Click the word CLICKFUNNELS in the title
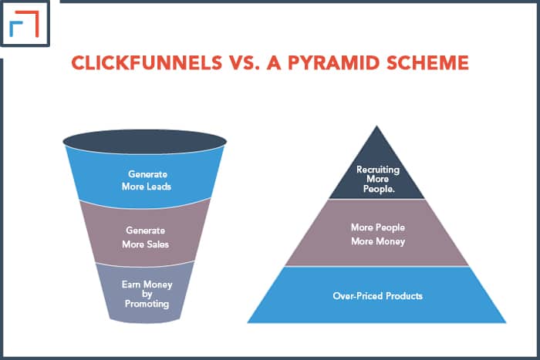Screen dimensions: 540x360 (x=147, y=62)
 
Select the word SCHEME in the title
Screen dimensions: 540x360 (x=427, y=62)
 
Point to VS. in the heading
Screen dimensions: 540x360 (x=245, y=62)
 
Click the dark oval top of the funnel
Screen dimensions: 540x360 (x=145, y=141)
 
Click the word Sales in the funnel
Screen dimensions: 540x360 (x=157, y=244)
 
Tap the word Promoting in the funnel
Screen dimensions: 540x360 (x=147, y=304)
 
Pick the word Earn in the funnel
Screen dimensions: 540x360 (x=131, y=284)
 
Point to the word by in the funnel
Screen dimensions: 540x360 (x=147, y=294)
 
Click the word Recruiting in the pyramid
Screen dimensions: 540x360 (x=378, y=170)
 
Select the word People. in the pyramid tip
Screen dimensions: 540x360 (x=379, y=189)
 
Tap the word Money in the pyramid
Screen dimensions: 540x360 (x=391, y=241)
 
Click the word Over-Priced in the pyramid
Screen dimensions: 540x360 (x=358, y=296)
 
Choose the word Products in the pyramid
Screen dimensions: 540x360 (x=404, y=296)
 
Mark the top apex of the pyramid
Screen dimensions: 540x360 (x=376, y=126)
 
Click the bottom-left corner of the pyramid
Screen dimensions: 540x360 (x=248, y=322)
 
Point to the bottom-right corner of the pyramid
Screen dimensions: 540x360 (x=506, y=322)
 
